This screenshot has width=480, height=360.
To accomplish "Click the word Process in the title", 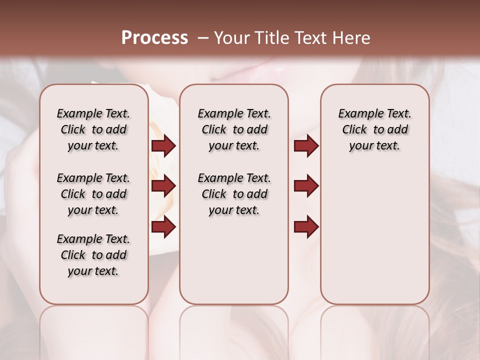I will (x=154, y=38).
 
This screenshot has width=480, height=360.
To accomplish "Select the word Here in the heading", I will (x=351, y=38).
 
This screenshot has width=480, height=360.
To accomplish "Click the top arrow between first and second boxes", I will (x=163, y=146).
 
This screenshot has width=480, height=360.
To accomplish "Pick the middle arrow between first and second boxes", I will (x=163, y=186).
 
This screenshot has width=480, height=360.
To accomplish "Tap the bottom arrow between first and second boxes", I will (x=163, y=226).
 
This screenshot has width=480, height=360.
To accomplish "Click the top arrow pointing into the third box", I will (x=306, y=146).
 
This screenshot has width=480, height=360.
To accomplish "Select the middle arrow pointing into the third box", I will (x=306, y=186).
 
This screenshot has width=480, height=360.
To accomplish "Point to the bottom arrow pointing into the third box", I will (x=306, y=226).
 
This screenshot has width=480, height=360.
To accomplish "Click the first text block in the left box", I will (x=93, y=129).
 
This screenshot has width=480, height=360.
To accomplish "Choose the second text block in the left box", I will (x=93, y=194).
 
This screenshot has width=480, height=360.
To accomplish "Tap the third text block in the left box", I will (x=93, y=255).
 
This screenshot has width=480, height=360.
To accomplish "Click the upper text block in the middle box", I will (x=234, y=129).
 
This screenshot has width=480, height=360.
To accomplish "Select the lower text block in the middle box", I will (x=234, y=194).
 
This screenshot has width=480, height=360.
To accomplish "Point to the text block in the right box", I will (x=374, y=129).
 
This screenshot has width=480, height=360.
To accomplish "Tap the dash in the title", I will (x=203, y=38).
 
